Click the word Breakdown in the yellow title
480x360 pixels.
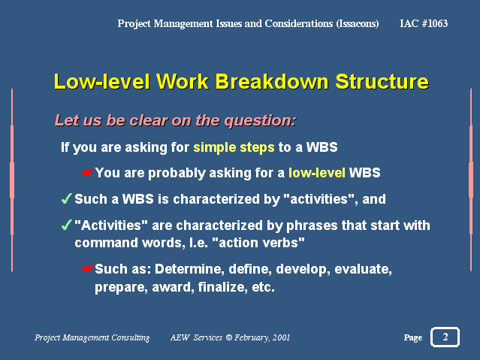tap(271, 81)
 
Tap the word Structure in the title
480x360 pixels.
tap(382, 81)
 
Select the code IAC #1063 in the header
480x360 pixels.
tap(424, 23)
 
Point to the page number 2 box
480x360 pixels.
tap(445, 337)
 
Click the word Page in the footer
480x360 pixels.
tap(413, 337)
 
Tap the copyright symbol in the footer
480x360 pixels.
tap(228, 337)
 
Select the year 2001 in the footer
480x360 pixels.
tap(281, 337)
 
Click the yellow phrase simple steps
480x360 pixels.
tap(234, 147)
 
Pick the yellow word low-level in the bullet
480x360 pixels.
tap(317, 173)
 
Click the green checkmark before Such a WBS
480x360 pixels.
tap(66, 198)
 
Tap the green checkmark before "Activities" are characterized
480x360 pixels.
tap(66, 225)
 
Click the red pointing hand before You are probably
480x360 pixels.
tap(88, 173)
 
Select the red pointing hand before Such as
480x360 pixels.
tap(88, 269)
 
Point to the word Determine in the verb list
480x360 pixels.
tap(187, 269)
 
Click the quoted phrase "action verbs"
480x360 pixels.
tap(258, 243)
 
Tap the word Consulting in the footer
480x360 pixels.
tap(131, 337)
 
